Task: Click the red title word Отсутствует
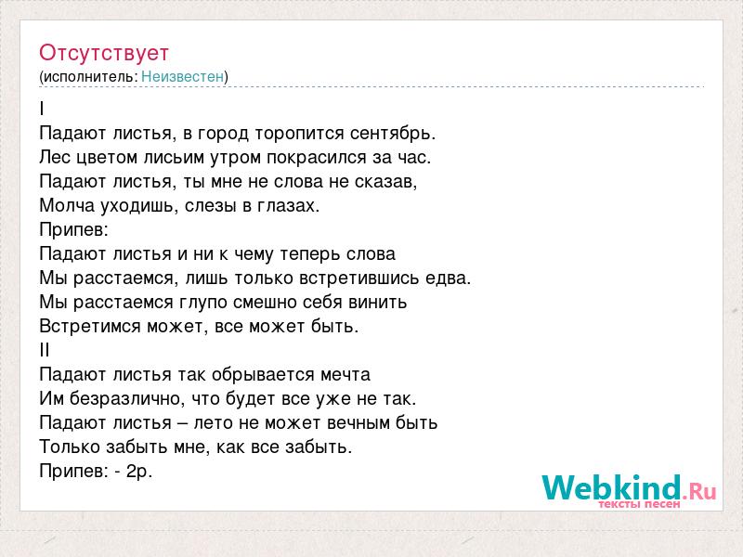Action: click(x=104, y=53)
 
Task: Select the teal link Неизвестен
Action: click(x=182, y=77)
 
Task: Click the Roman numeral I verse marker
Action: click(x=42, y=109)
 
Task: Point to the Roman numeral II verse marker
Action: click(x=45, y=351)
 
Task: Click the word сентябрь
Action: click(x=393, y=134)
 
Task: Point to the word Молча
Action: click(x=67, y=206)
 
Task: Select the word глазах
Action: click(x=289, y=206)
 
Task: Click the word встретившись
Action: click(x=359, y=278)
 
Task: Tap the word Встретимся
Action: click(x=90, y=327)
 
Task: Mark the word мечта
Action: click(x=345, y=375)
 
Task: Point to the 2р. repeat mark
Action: click(x=139, y=472)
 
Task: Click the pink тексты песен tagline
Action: click(x=639, y=504)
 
